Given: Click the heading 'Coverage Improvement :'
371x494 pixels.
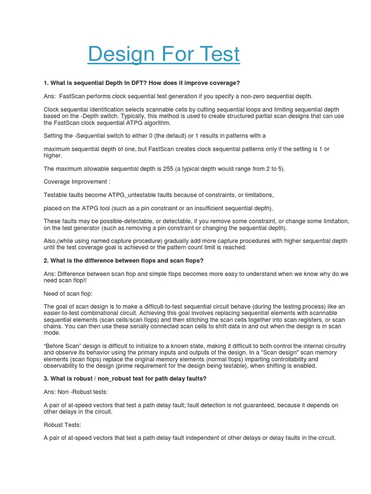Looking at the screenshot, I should (x=77, y=181).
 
